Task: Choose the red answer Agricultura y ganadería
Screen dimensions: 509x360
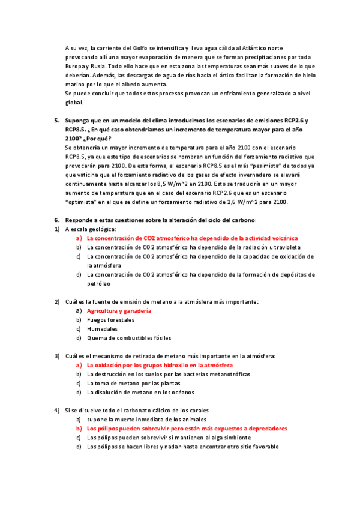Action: coord(119,311)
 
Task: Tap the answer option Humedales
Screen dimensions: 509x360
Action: coord(102,329)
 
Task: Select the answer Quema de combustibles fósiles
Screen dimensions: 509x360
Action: coord(128,338)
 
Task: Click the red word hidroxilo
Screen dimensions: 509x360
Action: coord(170,365)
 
